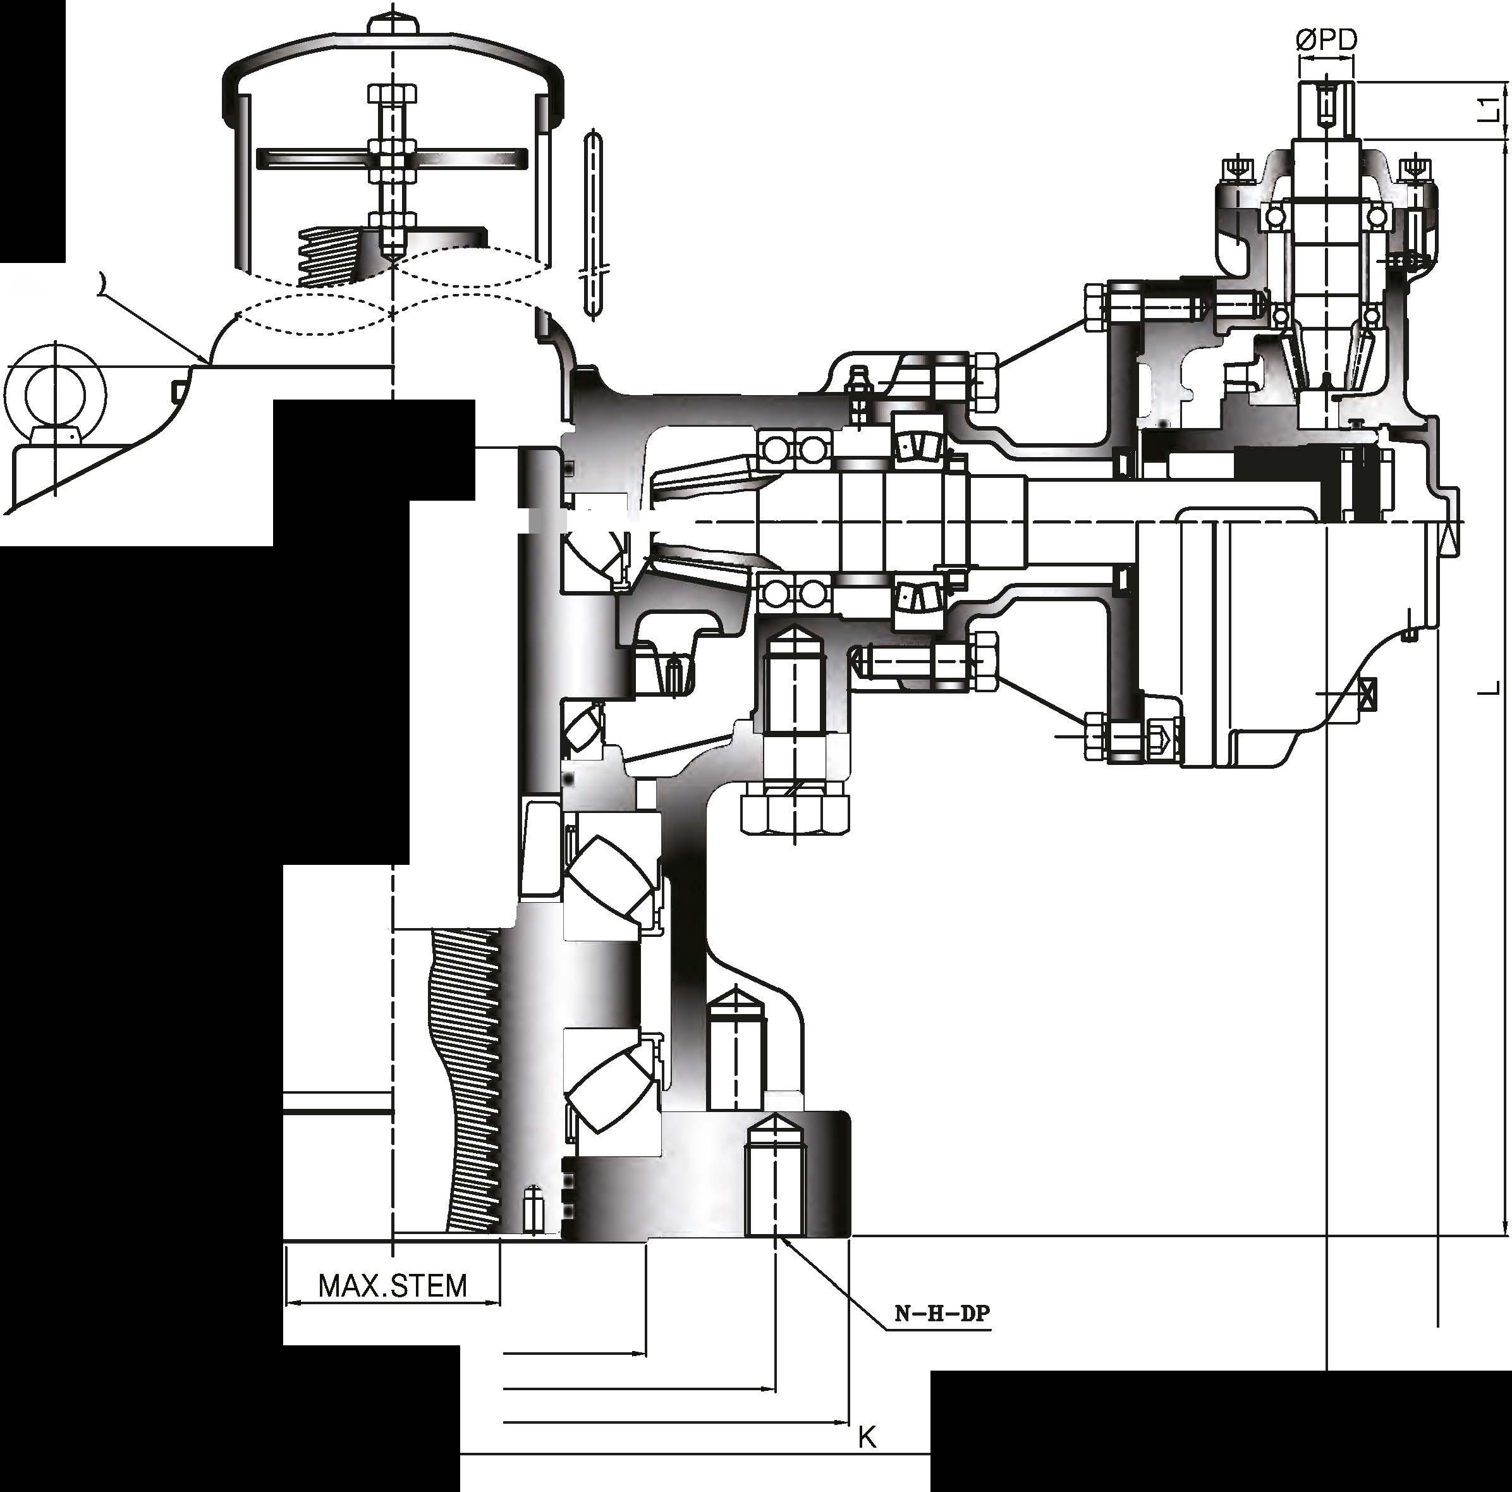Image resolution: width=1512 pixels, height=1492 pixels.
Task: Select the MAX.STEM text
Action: coord(393,1285)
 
